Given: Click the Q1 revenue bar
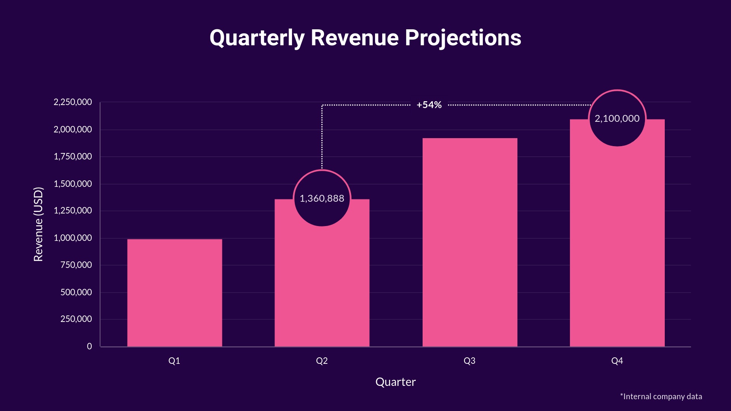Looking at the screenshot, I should (x=174, y=293).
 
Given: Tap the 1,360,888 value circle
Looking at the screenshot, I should (x=322, y=198).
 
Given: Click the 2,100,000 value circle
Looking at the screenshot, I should (x=617, y=118).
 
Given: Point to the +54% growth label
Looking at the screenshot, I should (x=429, y=105).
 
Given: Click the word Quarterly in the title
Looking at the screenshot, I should (x=257, y=38).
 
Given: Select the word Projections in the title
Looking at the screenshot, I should (x=463, y=38).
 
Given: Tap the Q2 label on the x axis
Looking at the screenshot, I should (x=322, y=361).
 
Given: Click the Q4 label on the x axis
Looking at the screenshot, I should (x=617, y=361).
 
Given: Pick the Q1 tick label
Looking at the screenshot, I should (x=174, y=361).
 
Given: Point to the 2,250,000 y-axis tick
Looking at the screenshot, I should (x=73, y=102).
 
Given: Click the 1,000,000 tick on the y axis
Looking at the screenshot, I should (x=73, y=238).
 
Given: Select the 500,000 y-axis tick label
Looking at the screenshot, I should (x=76, y=292).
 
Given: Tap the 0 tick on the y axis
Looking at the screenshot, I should (x=89, y=346).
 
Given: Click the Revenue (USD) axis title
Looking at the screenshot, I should (x=38, y=224).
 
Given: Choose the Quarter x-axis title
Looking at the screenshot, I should (x=395, y=382).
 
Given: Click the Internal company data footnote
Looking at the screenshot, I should (x=661, y=397).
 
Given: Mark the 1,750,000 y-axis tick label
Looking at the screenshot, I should (x=73, y=156).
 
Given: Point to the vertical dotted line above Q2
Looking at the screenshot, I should (x=322, y=137).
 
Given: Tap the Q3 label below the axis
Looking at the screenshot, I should (x=469, y=361).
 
